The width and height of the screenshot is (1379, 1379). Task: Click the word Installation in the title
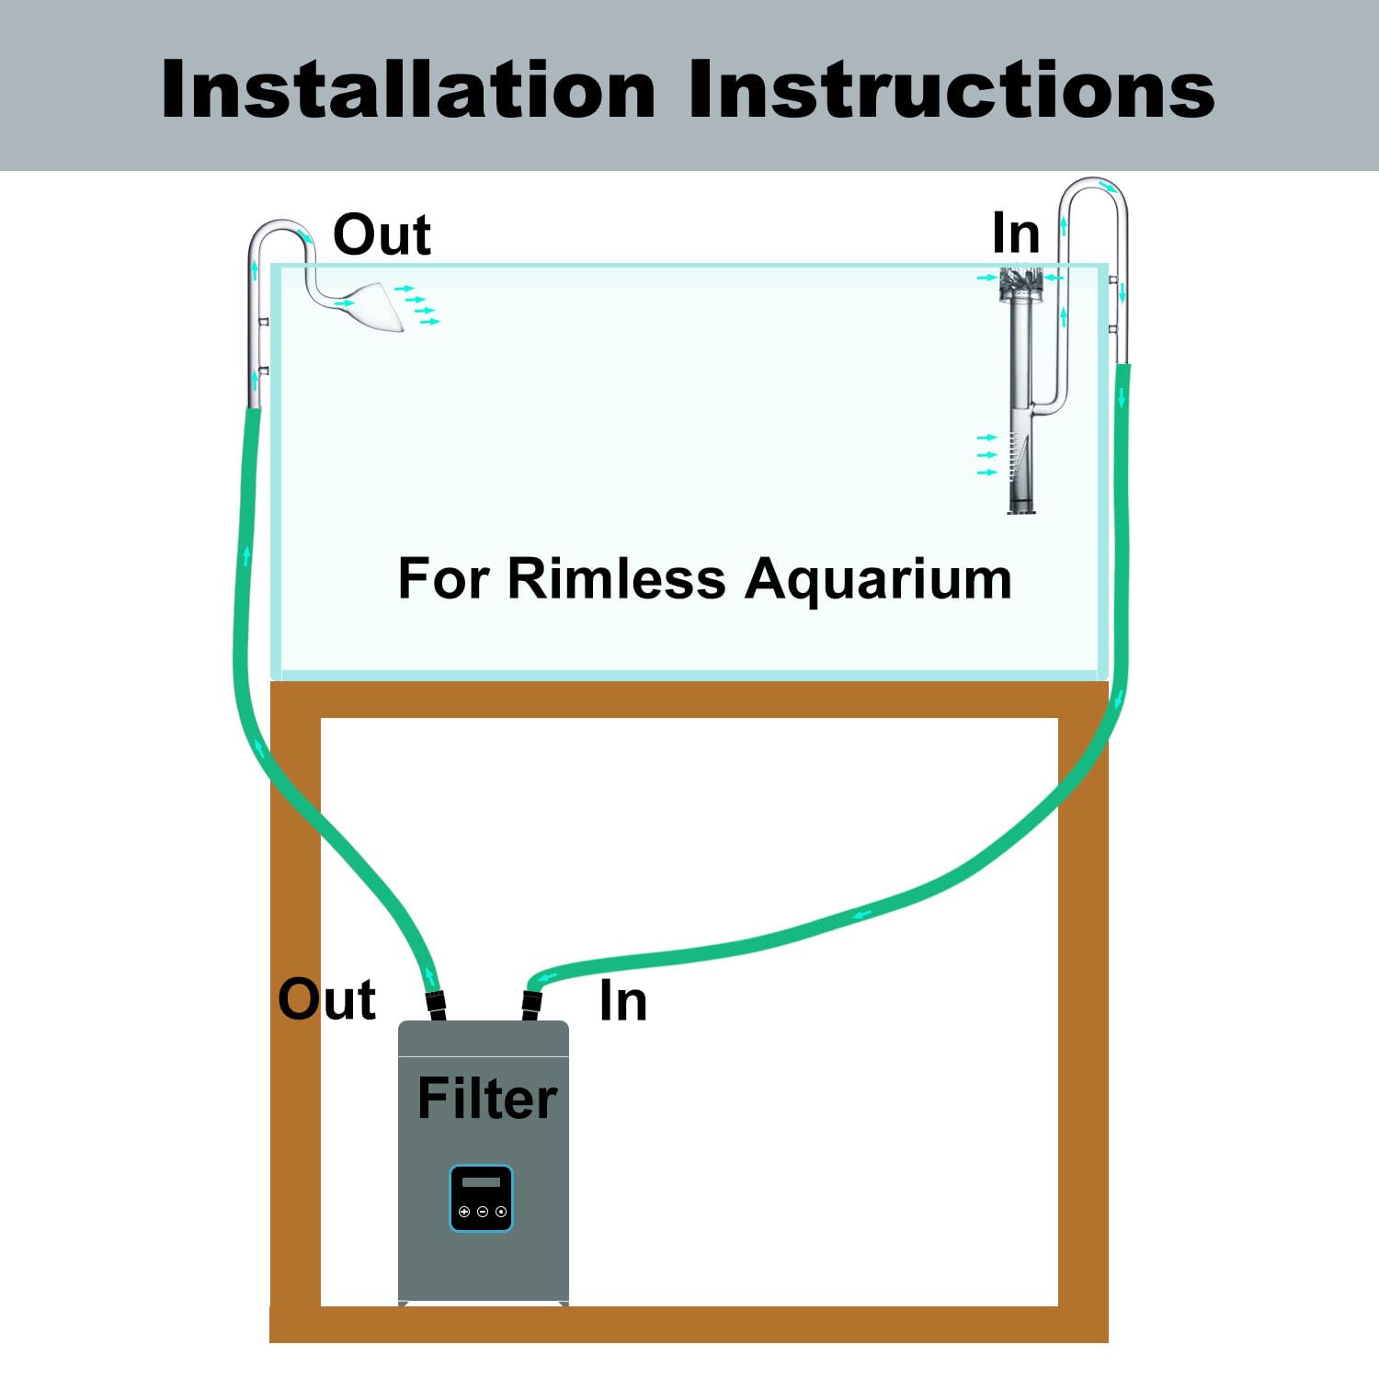tap(408, 89)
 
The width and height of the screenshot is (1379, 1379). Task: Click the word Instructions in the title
tap(952, 89)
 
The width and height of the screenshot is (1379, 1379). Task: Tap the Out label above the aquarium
tap(382, 234)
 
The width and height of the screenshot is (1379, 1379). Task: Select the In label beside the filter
tap(622, 1000)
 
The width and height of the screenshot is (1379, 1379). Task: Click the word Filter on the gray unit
tap(487, 1098)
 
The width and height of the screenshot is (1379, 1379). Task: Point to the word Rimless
tap(616, 579)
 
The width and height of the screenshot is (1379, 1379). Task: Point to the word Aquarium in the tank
tap(878, 581)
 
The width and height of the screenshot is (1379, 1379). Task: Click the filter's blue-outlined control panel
tap(481, 1198)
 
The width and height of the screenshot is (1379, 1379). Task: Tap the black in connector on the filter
tap(531, 1005)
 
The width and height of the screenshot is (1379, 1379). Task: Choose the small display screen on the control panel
tap(481, 1182)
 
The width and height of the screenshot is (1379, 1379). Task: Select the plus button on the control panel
tap(464, 1212)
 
